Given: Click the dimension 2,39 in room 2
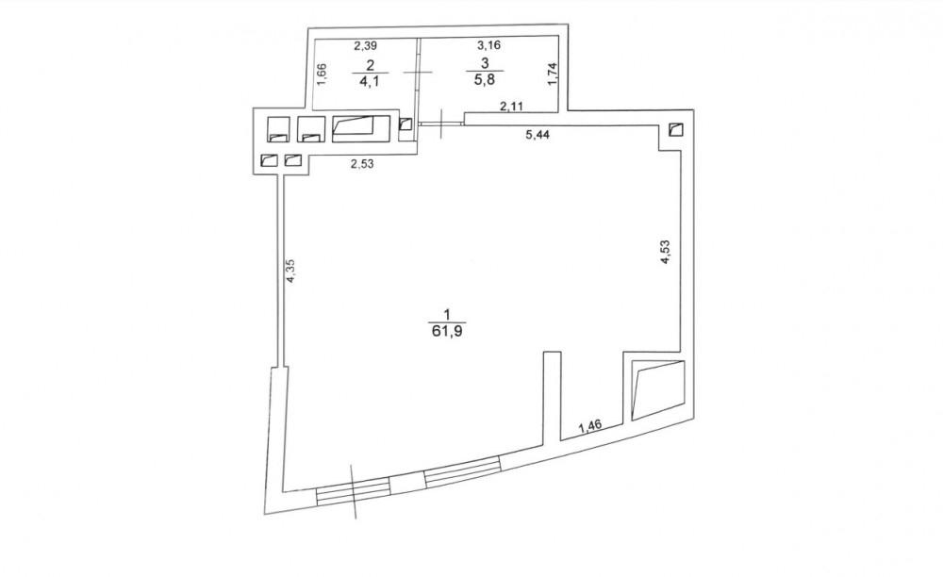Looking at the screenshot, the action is (365, 45).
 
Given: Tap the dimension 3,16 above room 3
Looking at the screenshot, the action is (488, 44).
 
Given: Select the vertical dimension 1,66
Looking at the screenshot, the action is (322, 74).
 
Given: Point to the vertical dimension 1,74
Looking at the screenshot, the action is (554, 74).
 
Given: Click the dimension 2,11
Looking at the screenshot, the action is (512, 107).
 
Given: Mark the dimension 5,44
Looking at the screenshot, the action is (538, 135).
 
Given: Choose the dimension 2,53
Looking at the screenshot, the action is (362, 163).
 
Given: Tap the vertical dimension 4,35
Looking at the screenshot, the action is (291, 271).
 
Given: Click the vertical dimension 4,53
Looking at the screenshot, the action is (665, 252).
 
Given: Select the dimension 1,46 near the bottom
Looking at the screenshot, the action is (590, 427).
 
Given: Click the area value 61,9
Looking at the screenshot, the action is (447, 331).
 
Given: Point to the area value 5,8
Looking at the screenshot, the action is (485, 79).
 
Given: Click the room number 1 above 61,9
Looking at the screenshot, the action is (446, 314).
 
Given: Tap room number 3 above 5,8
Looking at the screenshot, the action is (486, 62).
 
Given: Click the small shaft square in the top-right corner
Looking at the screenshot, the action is (676, 130).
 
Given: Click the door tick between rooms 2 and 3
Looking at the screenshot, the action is (418, 72).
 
